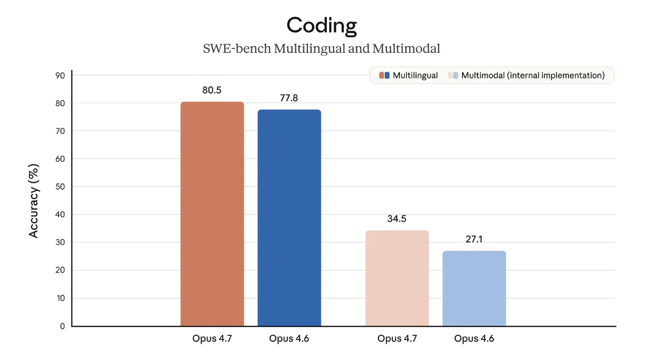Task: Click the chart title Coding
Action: pos(322,25)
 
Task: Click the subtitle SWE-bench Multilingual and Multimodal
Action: pos(322,48)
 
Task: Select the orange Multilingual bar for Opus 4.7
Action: pos(212,214)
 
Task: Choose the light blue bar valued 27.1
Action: pos(474,288)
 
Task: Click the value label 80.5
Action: pos(212,90)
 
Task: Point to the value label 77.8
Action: pos(289,98)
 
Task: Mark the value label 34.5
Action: pos(397,219)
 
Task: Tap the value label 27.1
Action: pos(474,240)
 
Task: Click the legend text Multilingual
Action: pos(415,75)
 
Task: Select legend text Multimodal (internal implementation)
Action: pos(533,75)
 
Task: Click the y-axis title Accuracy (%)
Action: pos(33,201)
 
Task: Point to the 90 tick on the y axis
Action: pos(61,75)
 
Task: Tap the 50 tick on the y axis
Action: pos(61,187)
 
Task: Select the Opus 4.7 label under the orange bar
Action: pos(212,339)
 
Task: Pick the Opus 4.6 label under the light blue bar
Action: pos(474,339)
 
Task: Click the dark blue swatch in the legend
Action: pos(387,75)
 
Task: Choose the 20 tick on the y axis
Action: pos(61,271)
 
